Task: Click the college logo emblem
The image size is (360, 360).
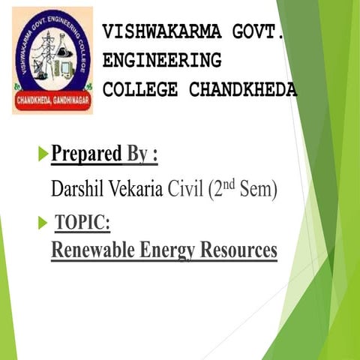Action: pos(52,60)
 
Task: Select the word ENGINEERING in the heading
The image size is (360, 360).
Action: pos(162,61)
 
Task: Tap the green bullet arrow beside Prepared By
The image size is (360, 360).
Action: pos(43,155)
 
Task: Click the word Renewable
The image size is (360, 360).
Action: pos(94,250)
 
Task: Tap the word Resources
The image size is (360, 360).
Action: pos(239,250)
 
